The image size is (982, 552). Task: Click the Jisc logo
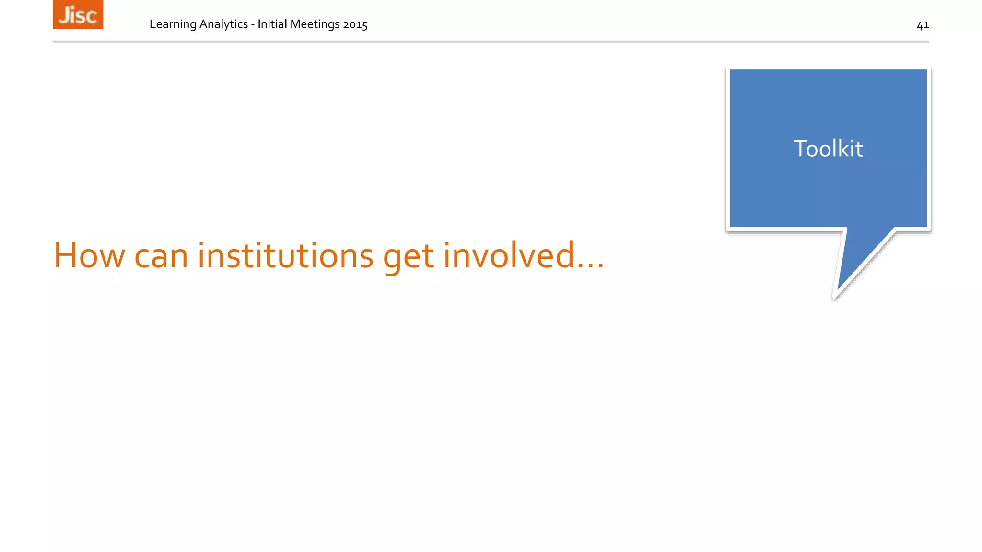(x=78, y=14)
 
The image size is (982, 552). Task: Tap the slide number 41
(x=923, y=25)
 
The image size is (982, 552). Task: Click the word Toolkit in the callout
(x=828, y=149)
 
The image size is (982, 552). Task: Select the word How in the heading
(x=89, y=255)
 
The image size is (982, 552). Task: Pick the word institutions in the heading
(x=285, y=255)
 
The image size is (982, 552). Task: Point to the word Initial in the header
(x=272, y=24)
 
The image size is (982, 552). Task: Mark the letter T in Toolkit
(x=801, y=149)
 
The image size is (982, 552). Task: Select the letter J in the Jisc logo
(x=64, y=15)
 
